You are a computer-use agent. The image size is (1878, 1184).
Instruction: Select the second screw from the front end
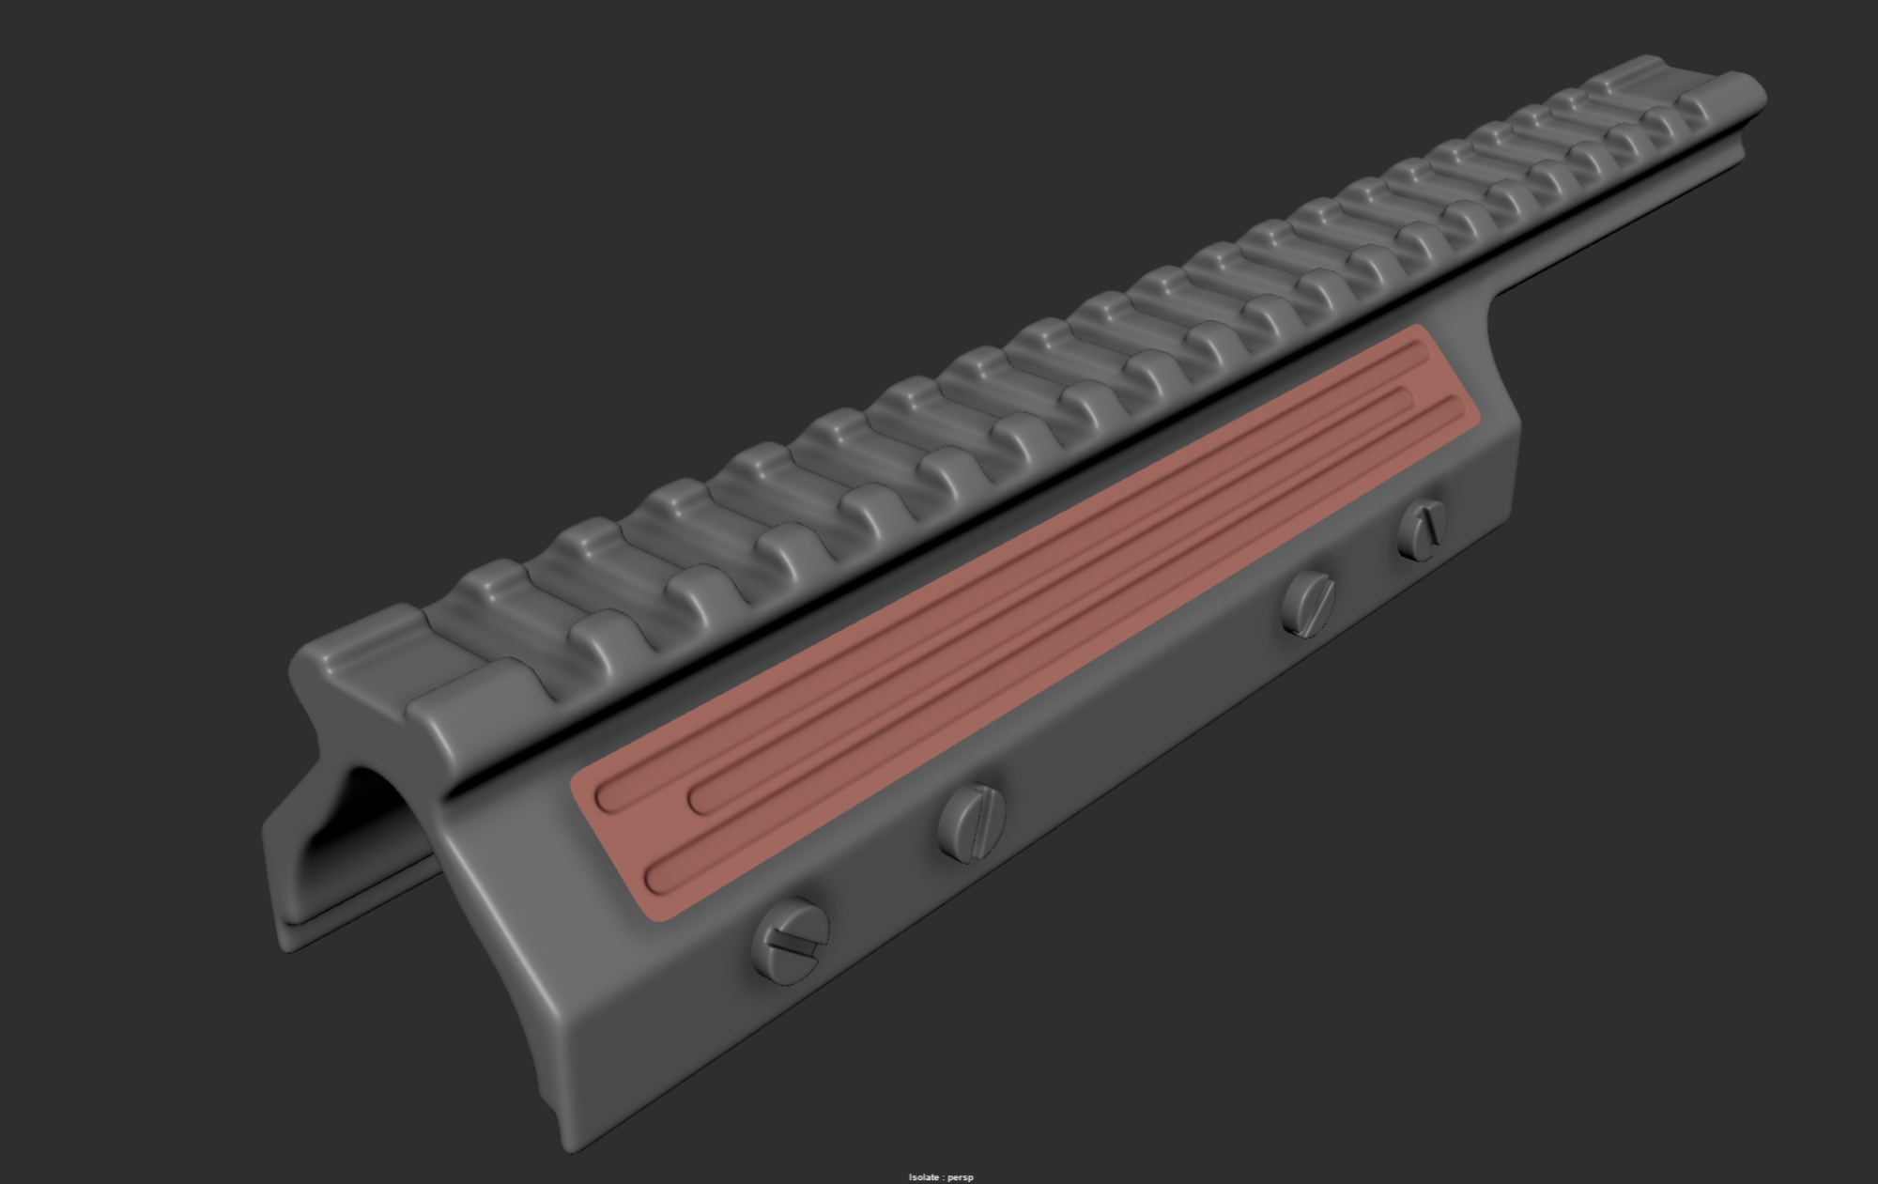972,823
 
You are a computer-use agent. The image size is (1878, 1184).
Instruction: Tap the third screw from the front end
1308,603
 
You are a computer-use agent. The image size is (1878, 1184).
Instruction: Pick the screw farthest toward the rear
1423,530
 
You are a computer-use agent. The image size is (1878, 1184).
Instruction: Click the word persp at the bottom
962,1177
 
